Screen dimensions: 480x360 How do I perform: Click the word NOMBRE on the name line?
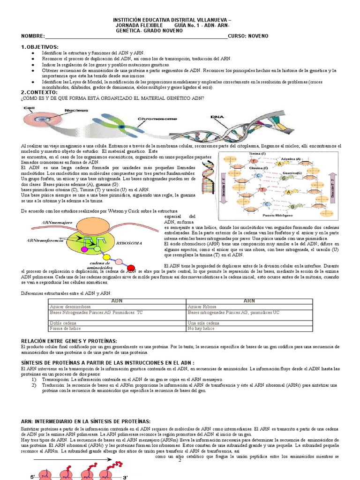32,36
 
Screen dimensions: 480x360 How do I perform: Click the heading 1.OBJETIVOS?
39,47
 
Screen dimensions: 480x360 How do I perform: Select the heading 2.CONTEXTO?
39,92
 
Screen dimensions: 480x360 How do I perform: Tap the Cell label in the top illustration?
29,108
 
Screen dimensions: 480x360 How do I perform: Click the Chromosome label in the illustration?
156,119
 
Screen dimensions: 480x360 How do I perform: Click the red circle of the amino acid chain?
131,268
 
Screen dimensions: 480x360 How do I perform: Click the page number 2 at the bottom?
180,460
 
